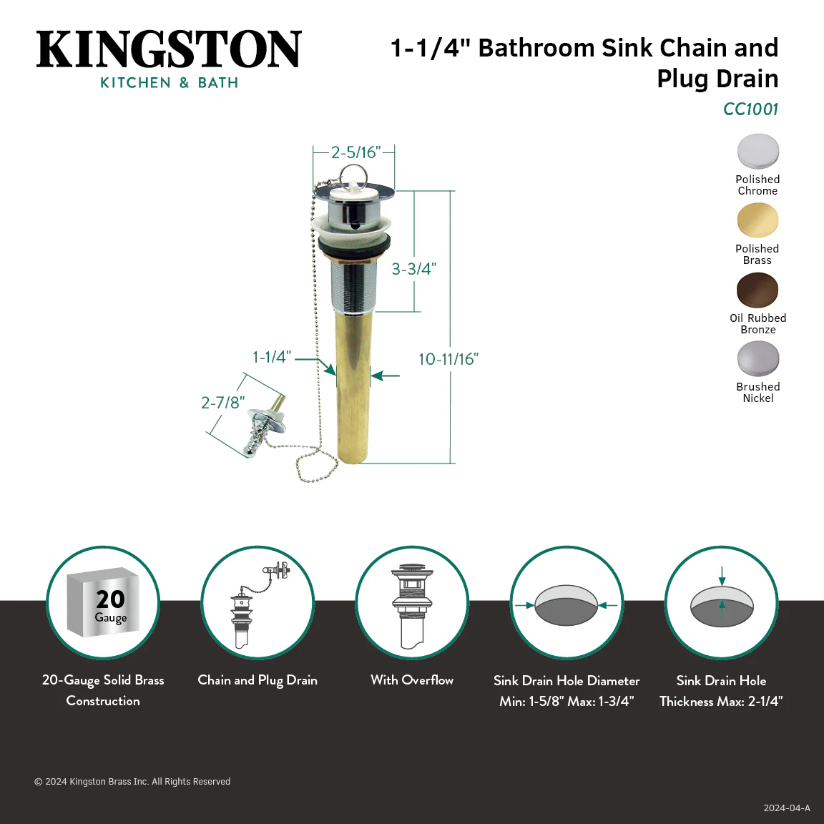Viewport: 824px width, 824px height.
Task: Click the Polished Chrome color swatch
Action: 757,152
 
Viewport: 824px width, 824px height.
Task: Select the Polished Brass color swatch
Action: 757,221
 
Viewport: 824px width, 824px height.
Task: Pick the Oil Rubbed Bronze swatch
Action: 757,290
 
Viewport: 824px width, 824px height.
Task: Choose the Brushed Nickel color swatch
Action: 757,359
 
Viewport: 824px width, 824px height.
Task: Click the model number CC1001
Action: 750,109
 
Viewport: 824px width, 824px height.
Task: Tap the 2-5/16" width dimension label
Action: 355,152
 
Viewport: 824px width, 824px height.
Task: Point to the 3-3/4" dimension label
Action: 414,269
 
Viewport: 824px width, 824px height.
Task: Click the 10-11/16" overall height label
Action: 448,359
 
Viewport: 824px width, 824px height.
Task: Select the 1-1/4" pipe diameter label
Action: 272,357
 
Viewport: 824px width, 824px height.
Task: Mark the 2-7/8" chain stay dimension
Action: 223,403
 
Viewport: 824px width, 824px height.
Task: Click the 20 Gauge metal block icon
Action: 103,602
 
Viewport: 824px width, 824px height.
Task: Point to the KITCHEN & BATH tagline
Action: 169,82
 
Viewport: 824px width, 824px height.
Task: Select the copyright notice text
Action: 132,781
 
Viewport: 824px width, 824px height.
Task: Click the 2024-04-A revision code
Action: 787,808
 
